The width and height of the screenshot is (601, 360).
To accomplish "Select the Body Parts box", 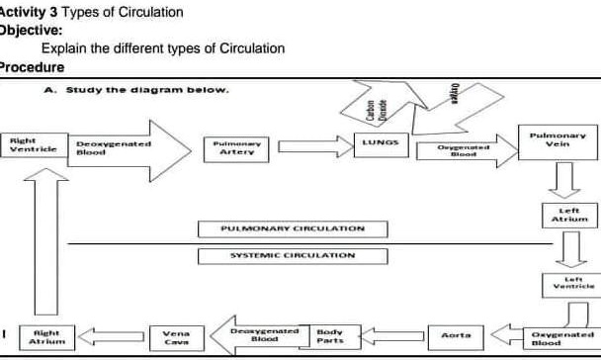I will (331, 337).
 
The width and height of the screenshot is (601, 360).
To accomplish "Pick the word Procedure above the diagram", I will (32, 67).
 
